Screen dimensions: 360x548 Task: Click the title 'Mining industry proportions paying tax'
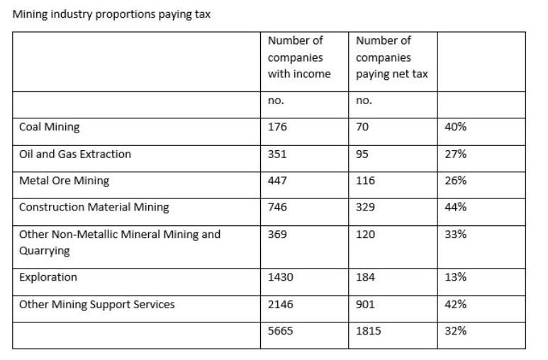point(111,15)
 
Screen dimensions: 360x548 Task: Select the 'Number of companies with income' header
point(298,57)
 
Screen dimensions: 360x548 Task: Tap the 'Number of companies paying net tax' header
point(391,57)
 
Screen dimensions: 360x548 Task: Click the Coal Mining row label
point(50,127)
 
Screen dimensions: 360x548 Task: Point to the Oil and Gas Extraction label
point(75,154)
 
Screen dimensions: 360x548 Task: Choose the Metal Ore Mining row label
point(64,180)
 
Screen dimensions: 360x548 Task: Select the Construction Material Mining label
point(94,207)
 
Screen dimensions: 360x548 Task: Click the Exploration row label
point(48,277)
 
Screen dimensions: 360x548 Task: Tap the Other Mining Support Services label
point(96,304)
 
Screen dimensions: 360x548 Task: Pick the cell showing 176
point(277,127)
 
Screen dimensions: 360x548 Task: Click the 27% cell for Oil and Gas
point(455,154)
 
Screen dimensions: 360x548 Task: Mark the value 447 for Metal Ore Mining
point(277,180)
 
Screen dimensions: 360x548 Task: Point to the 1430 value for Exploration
point(280,277)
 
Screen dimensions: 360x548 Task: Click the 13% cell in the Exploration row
point(455,277)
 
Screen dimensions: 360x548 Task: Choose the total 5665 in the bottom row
point(280,331)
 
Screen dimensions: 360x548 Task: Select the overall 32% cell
point(455,331)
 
